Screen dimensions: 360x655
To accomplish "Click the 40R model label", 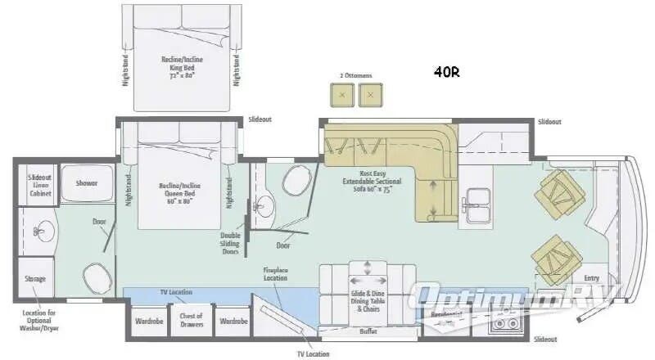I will [447, 71].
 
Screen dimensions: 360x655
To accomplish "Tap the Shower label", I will [87, 183].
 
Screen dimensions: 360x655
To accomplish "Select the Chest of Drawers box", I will [191, 321].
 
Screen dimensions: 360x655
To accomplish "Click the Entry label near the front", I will [591, 278].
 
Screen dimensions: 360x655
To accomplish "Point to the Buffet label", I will [368, 331].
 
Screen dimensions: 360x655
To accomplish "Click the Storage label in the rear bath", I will [36, 279].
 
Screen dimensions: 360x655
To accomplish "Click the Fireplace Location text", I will [275, 273].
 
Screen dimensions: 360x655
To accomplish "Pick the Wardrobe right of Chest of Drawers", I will [233, 322].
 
